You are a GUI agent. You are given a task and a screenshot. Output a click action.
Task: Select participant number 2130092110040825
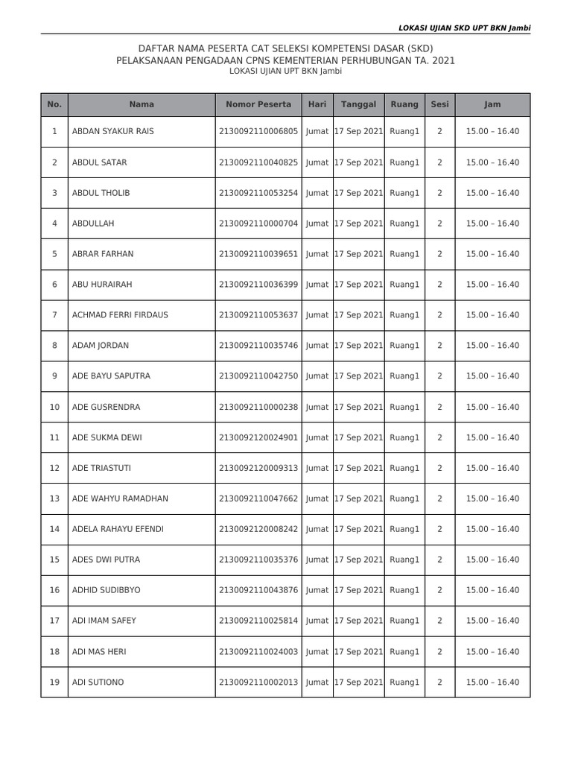[258, 162]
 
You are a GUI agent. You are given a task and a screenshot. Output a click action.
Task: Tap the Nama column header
[142, 105]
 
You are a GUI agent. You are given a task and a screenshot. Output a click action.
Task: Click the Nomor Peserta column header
[258, 105]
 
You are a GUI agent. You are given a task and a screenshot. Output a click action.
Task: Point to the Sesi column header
[439, 105]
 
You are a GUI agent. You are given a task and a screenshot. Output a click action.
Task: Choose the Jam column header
[492, 105]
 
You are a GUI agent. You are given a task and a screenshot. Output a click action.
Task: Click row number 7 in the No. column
[54, 315]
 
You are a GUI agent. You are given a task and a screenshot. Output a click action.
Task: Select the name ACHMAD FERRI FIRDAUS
[120, 315]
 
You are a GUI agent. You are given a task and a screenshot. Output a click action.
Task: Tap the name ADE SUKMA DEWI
[107, 437]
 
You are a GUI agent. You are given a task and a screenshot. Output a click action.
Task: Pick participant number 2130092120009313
[258, 468]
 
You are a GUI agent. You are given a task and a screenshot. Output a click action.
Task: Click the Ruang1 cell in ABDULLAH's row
[404, 224]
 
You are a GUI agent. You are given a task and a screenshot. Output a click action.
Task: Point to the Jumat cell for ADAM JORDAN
[317, 346]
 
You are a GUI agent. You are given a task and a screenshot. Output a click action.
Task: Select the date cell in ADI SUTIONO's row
[358, 683]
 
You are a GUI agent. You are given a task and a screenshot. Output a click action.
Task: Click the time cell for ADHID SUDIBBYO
[492, 590]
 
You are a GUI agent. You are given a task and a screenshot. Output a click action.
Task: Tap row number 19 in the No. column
[54, 683]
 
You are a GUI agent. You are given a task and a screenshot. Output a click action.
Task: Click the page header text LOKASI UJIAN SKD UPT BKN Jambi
[465, 28]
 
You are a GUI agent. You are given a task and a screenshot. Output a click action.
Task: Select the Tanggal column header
[358, 105]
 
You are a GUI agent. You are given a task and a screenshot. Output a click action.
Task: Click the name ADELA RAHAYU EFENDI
[118, 529]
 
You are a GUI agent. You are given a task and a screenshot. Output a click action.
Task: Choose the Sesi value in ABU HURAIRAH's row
[439, 285]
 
